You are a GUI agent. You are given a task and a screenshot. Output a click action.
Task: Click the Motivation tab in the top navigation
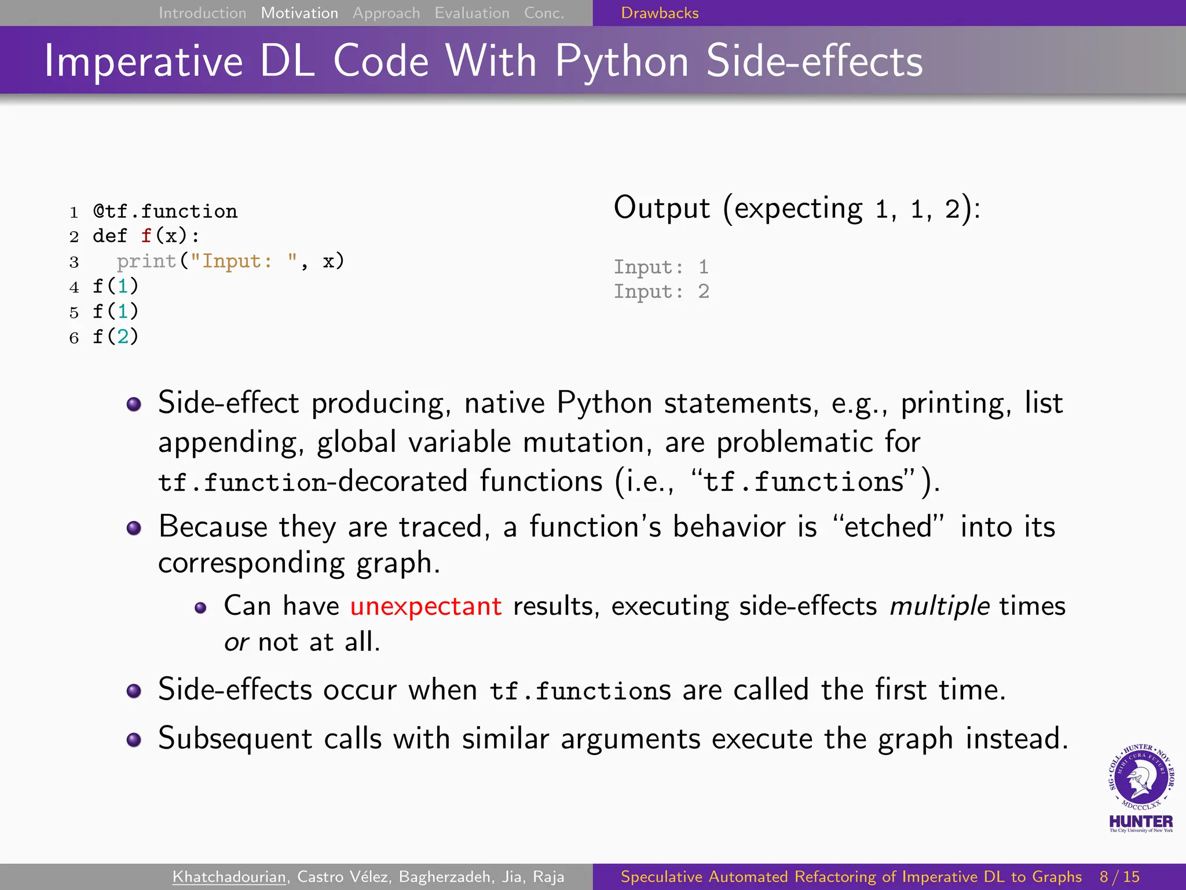[x=299, y=13]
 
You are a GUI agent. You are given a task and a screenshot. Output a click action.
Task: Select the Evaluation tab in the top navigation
[x=472, y=13]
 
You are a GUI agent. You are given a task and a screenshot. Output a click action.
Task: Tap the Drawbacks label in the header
[x=660, y=13]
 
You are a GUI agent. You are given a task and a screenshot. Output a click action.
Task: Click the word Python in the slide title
[x=622, y=61]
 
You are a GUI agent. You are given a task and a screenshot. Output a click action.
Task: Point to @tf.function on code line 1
[x=165, y=211]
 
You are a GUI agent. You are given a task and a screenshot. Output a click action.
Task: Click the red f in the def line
[x=146, y=236]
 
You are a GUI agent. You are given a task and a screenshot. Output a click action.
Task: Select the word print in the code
[x=146, y=261]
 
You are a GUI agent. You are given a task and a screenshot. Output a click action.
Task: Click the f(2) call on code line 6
[x=115, y=337]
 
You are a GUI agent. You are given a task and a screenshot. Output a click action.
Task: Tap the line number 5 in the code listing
[x=74, y=313]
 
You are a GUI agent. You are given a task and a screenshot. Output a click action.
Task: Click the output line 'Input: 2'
[x=661, y=291]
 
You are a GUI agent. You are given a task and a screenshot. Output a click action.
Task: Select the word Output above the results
[x=661, y=208]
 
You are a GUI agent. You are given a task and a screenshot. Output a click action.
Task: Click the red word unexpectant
[x=426, y=606]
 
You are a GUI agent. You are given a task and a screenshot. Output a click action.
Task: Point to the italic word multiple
[x=939, y=606]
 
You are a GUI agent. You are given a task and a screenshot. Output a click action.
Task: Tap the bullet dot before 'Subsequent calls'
[x=134, y=740]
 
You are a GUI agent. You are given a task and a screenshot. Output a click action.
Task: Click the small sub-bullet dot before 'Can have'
[x=200, y=608]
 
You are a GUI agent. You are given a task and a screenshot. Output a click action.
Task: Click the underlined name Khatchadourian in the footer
[x=229, y=877]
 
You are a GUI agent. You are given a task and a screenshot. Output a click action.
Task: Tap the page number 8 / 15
[x=1119, y=877]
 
